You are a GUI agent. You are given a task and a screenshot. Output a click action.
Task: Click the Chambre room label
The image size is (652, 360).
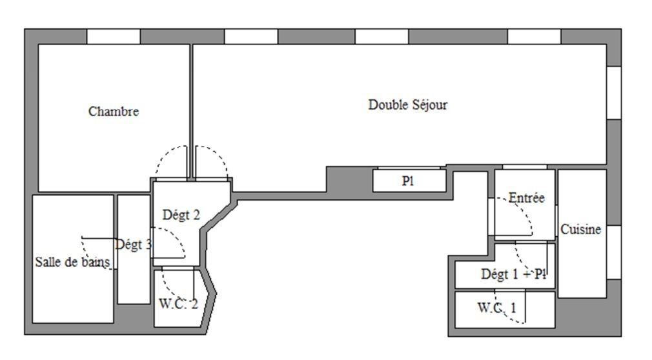pos(114,112)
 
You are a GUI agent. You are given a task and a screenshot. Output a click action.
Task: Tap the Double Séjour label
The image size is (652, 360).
pos(408,105)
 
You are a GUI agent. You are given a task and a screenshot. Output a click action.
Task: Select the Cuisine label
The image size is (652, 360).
pos(581,229)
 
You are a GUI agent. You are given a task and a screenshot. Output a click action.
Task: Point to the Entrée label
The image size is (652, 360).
pos(526,197)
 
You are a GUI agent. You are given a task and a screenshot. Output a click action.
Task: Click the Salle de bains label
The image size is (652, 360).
pos(72,262)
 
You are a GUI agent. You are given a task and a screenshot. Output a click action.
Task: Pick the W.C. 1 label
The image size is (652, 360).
pos(496,308)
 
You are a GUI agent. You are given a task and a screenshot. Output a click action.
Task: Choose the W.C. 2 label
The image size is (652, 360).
pos(178,304)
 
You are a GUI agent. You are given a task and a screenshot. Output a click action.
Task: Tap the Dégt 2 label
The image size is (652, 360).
pos(181,215)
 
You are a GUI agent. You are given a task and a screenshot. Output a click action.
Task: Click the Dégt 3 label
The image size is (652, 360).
pos(133,245)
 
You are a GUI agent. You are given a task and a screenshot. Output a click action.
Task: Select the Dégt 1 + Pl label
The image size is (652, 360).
pos(513,274)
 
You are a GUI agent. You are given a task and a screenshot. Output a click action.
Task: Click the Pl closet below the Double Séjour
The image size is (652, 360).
pos(409,181)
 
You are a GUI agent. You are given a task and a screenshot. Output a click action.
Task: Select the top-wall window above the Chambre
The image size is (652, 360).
pos(114,37)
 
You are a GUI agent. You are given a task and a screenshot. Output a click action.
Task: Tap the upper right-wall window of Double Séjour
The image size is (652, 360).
pos(614,93)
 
